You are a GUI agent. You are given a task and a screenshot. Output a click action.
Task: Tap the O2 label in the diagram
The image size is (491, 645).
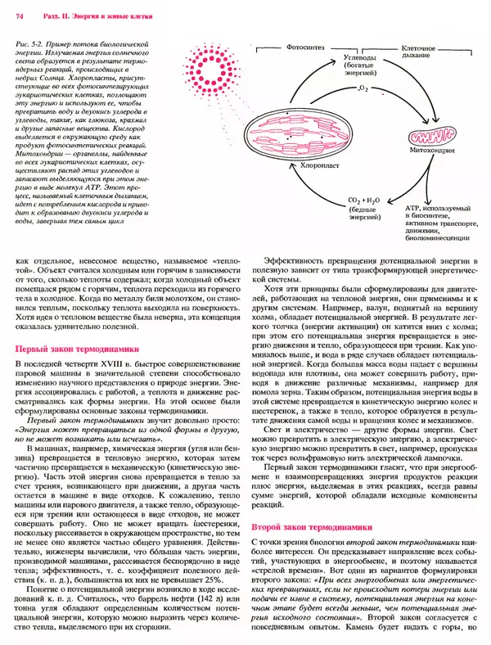(363, 85)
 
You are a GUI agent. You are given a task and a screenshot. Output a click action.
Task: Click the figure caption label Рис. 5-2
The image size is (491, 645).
(33, 39)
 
